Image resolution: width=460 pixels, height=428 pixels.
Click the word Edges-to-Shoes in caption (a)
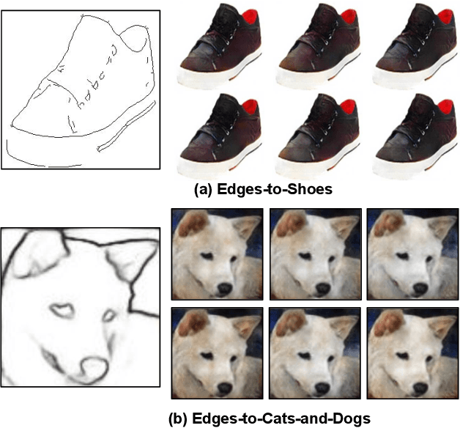click(x=275, y=189)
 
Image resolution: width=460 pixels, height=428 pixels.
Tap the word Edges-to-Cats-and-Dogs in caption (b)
click(x=281, y=418)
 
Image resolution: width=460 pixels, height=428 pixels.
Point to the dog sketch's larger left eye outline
click(x=62, y=311)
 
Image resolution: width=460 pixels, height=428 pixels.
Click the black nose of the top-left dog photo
click(x=225, y=289)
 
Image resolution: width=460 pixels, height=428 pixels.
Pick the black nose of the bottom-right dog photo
click(x=420, y=388)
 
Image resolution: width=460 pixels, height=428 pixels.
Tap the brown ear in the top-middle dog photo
click(x=290, y=224)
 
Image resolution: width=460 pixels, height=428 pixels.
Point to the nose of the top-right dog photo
click(x=420, y=289)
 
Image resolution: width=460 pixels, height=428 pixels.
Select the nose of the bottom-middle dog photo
click(x=322, y=388)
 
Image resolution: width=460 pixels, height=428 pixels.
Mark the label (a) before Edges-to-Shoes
click(x=203, y=190)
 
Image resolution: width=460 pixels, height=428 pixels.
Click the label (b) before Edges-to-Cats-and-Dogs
click(x=178, y=418)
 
